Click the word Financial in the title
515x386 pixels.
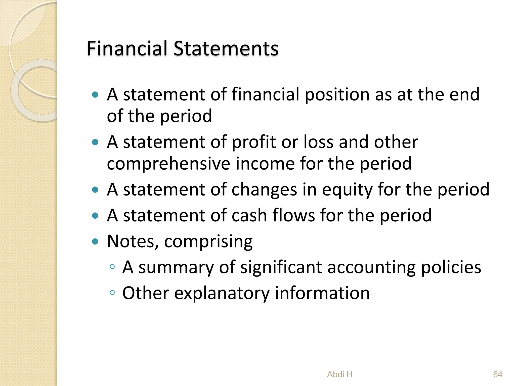tap(127, 48)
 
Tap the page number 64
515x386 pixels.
tap(498, 374)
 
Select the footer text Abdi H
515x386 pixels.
tap(340, 374)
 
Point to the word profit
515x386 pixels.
tap(253, 142)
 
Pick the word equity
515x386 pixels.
tap(347, 190)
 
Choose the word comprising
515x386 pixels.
tap(208, 242)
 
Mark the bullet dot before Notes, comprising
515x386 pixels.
tap(95, 242)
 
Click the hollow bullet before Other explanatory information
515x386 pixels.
tap(112, 293)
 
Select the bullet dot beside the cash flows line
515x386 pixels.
tap(95, 216)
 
